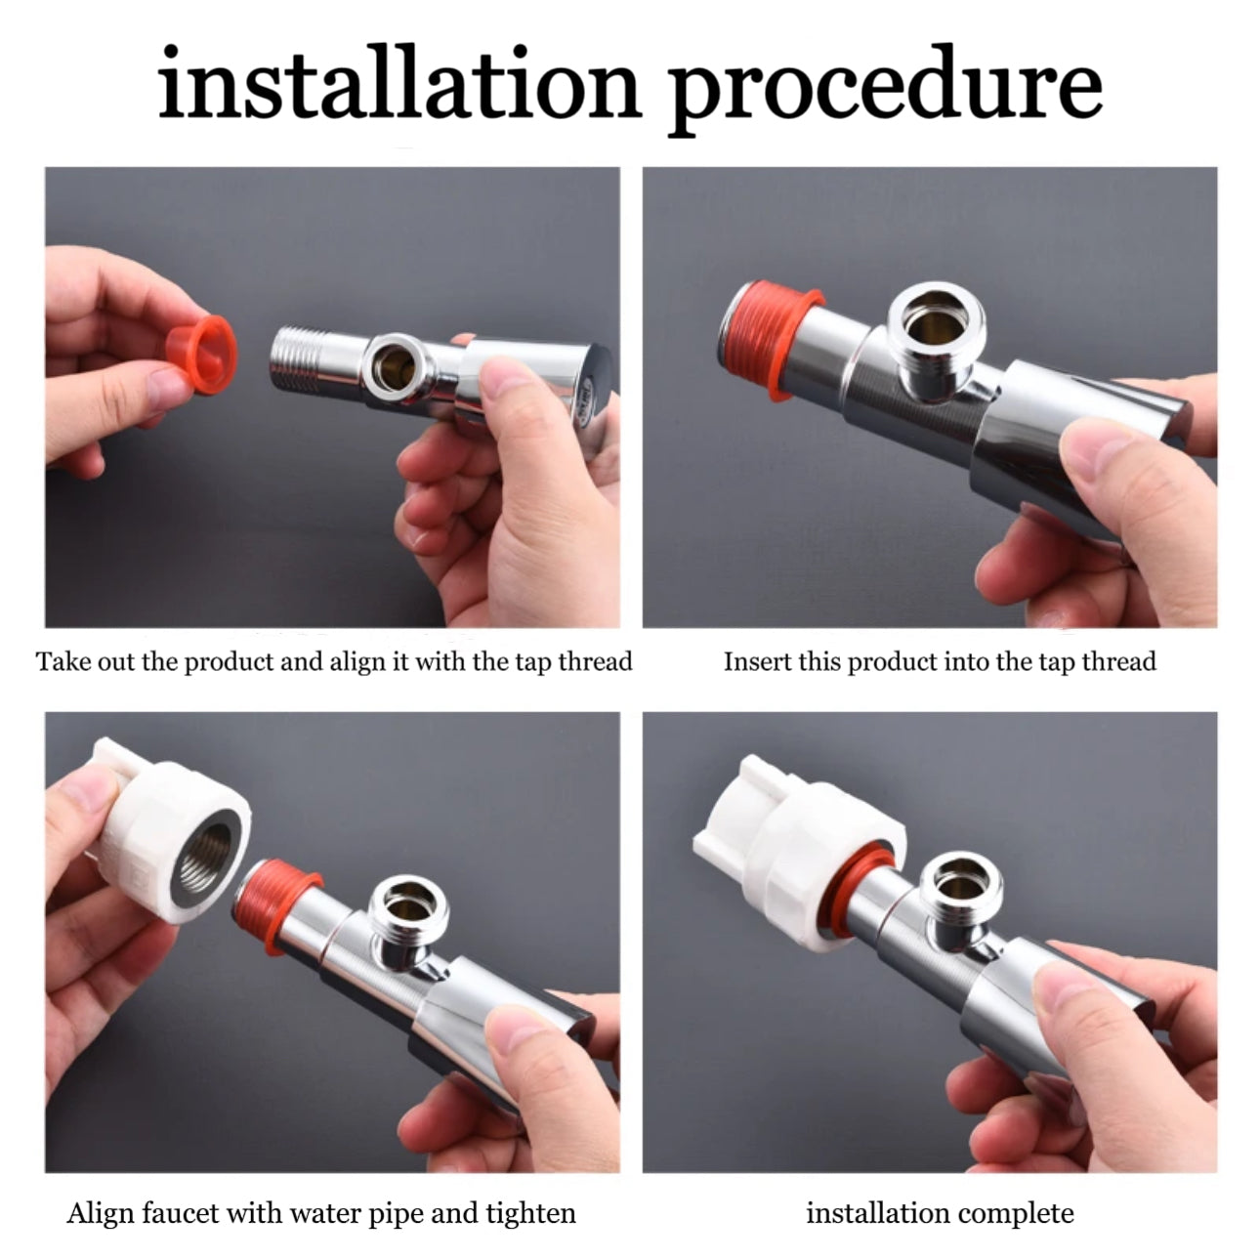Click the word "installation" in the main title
(399, 83)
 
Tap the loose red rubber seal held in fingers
(201, 354)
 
